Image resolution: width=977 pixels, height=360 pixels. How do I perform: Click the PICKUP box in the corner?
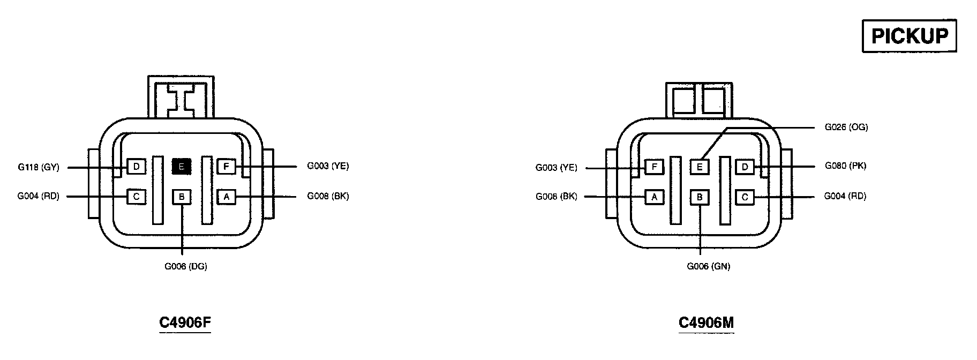pyautogui.click(x=909, y=36)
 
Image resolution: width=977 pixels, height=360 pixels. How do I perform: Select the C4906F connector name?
pyautogui.click(x=185, y=322)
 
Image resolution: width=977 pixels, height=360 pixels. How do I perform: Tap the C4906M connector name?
pyautogui.click(x=706, y=322)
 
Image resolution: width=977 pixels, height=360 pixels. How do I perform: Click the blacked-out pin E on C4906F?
pyautogui.click(x=181, y=167)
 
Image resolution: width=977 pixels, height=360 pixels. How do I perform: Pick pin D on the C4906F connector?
pyautogui.click(x=136, y=167)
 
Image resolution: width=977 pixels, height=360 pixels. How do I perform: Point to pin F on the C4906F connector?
pyautogui.click(x=226, y=167)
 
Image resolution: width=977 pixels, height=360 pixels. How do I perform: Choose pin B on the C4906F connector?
pyautogui.click(x=181, y=197)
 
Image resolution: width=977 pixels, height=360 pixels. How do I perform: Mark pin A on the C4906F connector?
pyautogui.click(x=226, y=197)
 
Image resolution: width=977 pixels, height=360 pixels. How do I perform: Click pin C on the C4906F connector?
pyautogui.click(x=136, y=197)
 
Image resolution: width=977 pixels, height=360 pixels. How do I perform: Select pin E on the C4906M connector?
pyautogui.click(x=699, y=167)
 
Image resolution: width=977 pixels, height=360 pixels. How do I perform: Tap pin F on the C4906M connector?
pyautogui.click(x=654, y=167)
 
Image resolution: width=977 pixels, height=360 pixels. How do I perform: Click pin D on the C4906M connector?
pyautogui.click(x=745, y=167)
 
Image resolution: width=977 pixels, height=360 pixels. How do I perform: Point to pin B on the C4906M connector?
pyautogui.click(x=699, y=197)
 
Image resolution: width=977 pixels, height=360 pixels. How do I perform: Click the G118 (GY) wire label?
pyautogui.click(x=38, y=167)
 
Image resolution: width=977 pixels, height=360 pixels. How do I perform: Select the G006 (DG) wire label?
pyautogui.click(x=185, y=266)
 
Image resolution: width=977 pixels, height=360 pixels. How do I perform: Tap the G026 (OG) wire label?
pyautogui.click(x=846, y=127)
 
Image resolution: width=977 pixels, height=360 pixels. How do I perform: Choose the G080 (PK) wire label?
pyautogui.click(x=845, y=166)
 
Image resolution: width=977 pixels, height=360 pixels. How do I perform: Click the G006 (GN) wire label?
pyautogui.click(x=708, y=266)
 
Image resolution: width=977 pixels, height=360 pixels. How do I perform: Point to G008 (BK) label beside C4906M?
pyautogui.click(x=556, y=197)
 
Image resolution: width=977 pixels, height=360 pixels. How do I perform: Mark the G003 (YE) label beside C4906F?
pyautogui.click(x=328, y=166)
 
